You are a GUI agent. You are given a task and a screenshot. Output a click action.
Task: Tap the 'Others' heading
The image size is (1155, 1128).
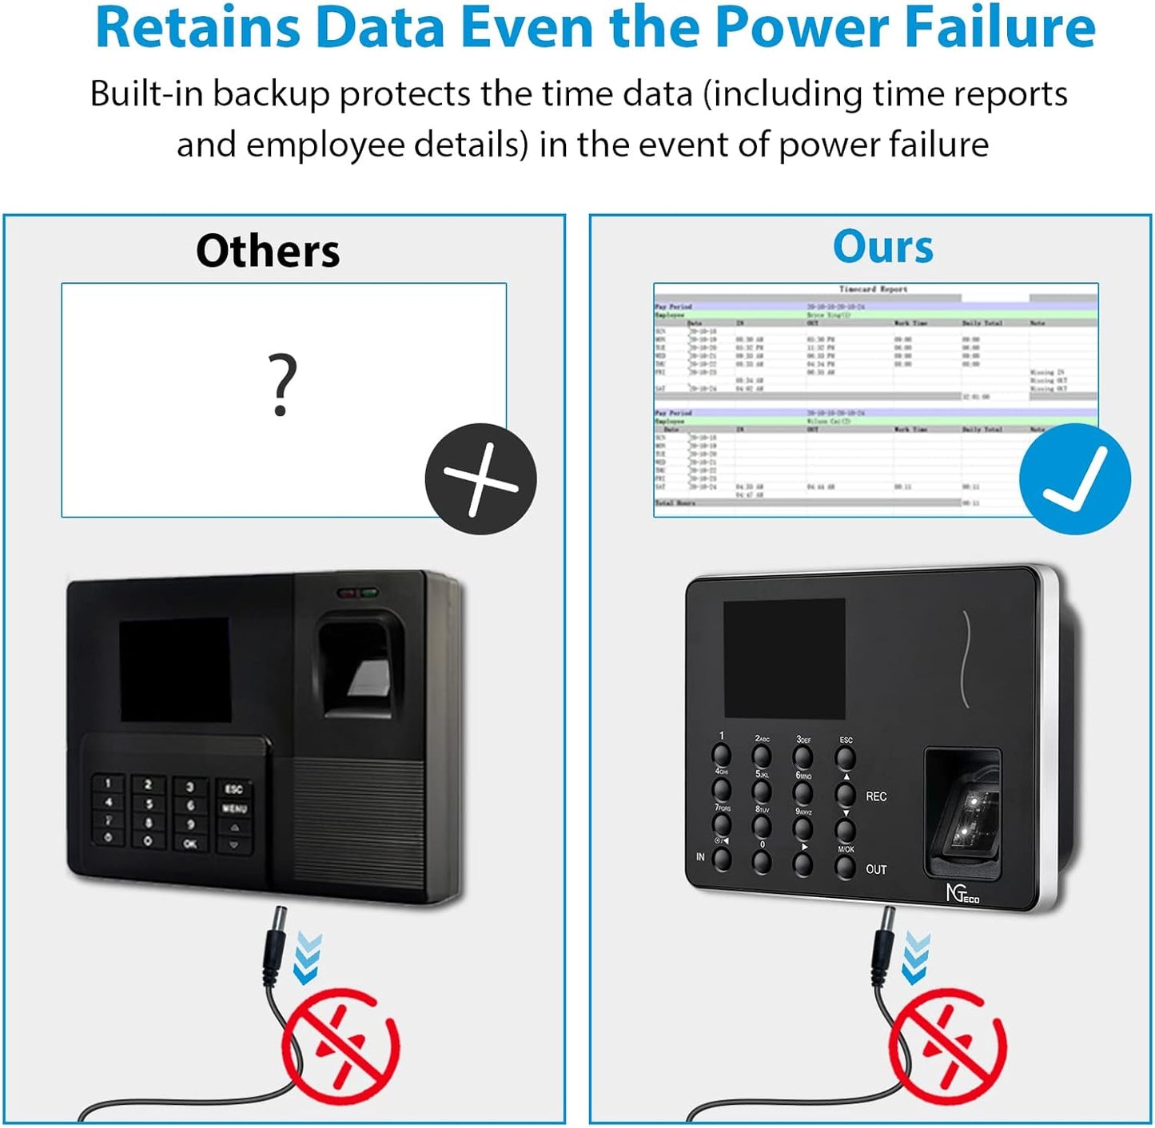268,251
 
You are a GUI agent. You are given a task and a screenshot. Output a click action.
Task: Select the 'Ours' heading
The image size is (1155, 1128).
882,246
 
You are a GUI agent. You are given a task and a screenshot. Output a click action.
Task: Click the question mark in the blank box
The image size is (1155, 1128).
281,386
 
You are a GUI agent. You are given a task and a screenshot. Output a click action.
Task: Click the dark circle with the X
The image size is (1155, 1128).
480,479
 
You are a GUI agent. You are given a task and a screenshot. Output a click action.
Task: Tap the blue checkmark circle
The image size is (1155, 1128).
1074,479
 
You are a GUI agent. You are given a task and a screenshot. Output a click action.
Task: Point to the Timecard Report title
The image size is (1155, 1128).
873,289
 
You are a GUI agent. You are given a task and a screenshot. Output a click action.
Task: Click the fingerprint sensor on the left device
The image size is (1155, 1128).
360,664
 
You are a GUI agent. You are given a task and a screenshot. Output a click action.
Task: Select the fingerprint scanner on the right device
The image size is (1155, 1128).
962,812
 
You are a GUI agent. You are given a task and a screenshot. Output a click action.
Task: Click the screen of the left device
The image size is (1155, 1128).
175,669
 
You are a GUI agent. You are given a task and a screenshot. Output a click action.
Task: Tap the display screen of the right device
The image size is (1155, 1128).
784,658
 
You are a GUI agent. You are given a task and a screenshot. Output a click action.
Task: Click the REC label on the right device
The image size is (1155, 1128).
876,796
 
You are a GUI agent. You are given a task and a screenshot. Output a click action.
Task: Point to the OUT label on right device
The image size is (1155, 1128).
876,869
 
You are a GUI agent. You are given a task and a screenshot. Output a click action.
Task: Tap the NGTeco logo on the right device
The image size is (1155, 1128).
962,894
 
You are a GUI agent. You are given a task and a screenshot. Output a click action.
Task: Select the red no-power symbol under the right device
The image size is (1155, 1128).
947,1047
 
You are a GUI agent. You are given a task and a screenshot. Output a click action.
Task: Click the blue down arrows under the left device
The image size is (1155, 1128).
307,957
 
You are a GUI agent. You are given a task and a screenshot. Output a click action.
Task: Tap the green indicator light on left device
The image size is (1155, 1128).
368,594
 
